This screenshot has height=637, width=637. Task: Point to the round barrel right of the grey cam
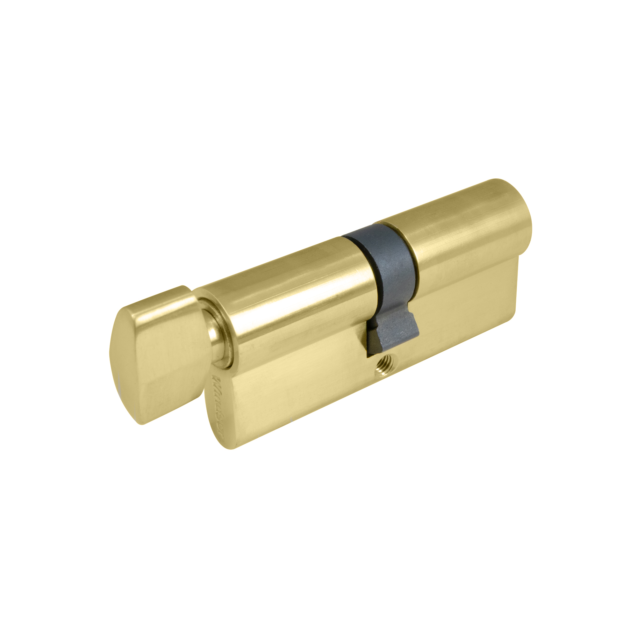(x=462, y=231)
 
